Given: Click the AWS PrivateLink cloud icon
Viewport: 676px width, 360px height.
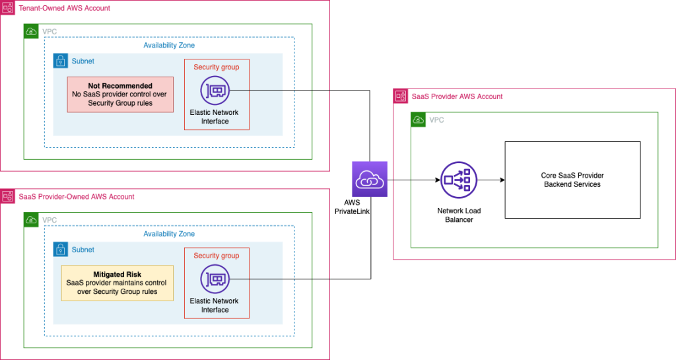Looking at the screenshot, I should pyautogui.click(x=370, y=179).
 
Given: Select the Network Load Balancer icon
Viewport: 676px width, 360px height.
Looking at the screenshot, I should pyautogui.click(x=459, y=180).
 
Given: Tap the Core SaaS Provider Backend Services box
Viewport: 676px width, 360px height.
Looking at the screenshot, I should pyautogui.click(x=572, y=180).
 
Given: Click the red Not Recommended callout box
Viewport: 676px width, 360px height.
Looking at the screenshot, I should pyautogui.click(x=120, y=94).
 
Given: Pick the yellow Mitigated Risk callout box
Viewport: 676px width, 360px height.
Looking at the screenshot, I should pyautogui.click(x=117, y=283).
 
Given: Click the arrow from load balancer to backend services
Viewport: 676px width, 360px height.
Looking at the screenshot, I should pyautogui.click(x=491, y=180).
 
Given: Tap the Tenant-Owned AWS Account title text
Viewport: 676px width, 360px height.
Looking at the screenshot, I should pyautogui.click(x=64, y=8).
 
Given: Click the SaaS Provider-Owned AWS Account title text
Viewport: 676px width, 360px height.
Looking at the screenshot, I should pyautogui.click(x=76, y=197).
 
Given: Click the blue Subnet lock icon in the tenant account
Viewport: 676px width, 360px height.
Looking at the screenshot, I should pyautogui.click(x=61, y=61).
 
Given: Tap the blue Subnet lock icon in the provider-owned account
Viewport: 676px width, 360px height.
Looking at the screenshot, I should pyautogui.click(x=61, y=250).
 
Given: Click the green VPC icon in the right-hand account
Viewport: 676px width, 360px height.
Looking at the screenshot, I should pyautogui.click(x=418, y=120).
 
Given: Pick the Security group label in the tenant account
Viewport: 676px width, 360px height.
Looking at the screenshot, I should pyautogui.click(x=216, y=67).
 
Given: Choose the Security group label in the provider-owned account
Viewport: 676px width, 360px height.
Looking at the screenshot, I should pyautogui.click(x=216, y=256).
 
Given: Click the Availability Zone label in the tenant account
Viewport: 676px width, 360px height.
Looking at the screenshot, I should pyautogui.click(x=169, y=45).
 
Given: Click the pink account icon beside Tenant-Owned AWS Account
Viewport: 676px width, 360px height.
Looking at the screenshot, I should pyautogui.click(x=7, y=8).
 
